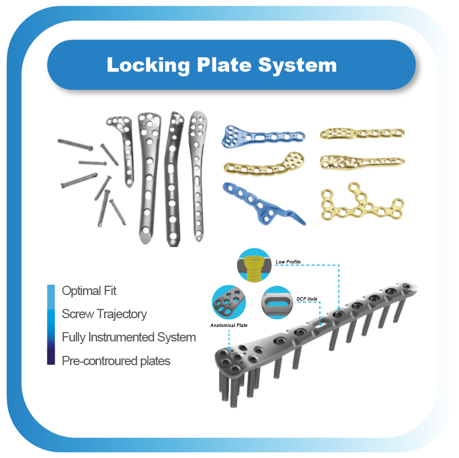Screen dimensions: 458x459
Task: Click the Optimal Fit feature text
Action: point(89,291)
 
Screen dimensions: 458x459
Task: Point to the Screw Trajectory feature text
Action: point(104,314)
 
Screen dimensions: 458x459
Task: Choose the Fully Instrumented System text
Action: point(128,338)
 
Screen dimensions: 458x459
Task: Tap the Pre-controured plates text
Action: point(116,361)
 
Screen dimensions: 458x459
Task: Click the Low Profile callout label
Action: point(288,262)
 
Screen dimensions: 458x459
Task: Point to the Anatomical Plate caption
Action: point(228,325)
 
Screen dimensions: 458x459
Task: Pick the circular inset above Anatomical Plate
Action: point(228,302)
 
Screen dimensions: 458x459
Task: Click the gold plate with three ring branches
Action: point(361,203)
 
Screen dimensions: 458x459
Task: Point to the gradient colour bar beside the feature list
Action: point(51,325)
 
